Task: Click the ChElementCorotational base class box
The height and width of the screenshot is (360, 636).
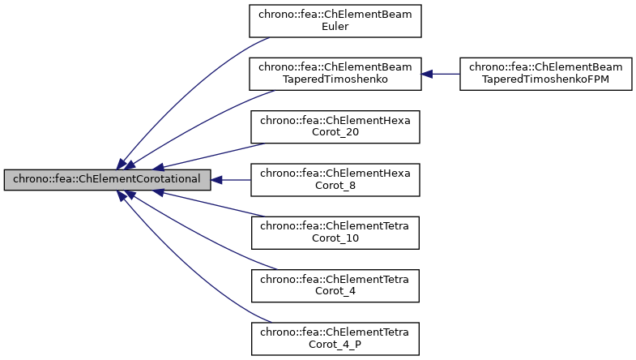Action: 107,180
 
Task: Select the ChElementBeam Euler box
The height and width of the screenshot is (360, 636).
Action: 335,20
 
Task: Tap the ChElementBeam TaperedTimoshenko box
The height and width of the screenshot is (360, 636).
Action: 335,74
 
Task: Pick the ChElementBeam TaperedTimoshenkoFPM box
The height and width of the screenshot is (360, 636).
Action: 544,74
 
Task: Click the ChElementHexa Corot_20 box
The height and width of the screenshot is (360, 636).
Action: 335,126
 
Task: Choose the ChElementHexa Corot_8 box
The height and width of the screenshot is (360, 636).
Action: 335,180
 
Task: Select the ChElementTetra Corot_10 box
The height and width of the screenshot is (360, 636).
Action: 335,233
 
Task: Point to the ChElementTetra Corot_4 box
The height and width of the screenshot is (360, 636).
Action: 335,285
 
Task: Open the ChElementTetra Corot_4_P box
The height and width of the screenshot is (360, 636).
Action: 335,339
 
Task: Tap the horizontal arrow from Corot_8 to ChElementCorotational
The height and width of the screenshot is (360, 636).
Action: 231,180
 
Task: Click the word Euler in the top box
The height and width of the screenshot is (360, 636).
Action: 335,26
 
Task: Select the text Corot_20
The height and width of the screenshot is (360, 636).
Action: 335,132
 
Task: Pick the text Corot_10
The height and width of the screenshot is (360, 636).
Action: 335,238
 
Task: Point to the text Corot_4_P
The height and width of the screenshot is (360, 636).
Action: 335,345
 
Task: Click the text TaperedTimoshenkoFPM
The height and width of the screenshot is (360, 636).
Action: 544,79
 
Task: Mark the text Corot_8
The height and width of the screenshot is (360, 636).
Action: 335,186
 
